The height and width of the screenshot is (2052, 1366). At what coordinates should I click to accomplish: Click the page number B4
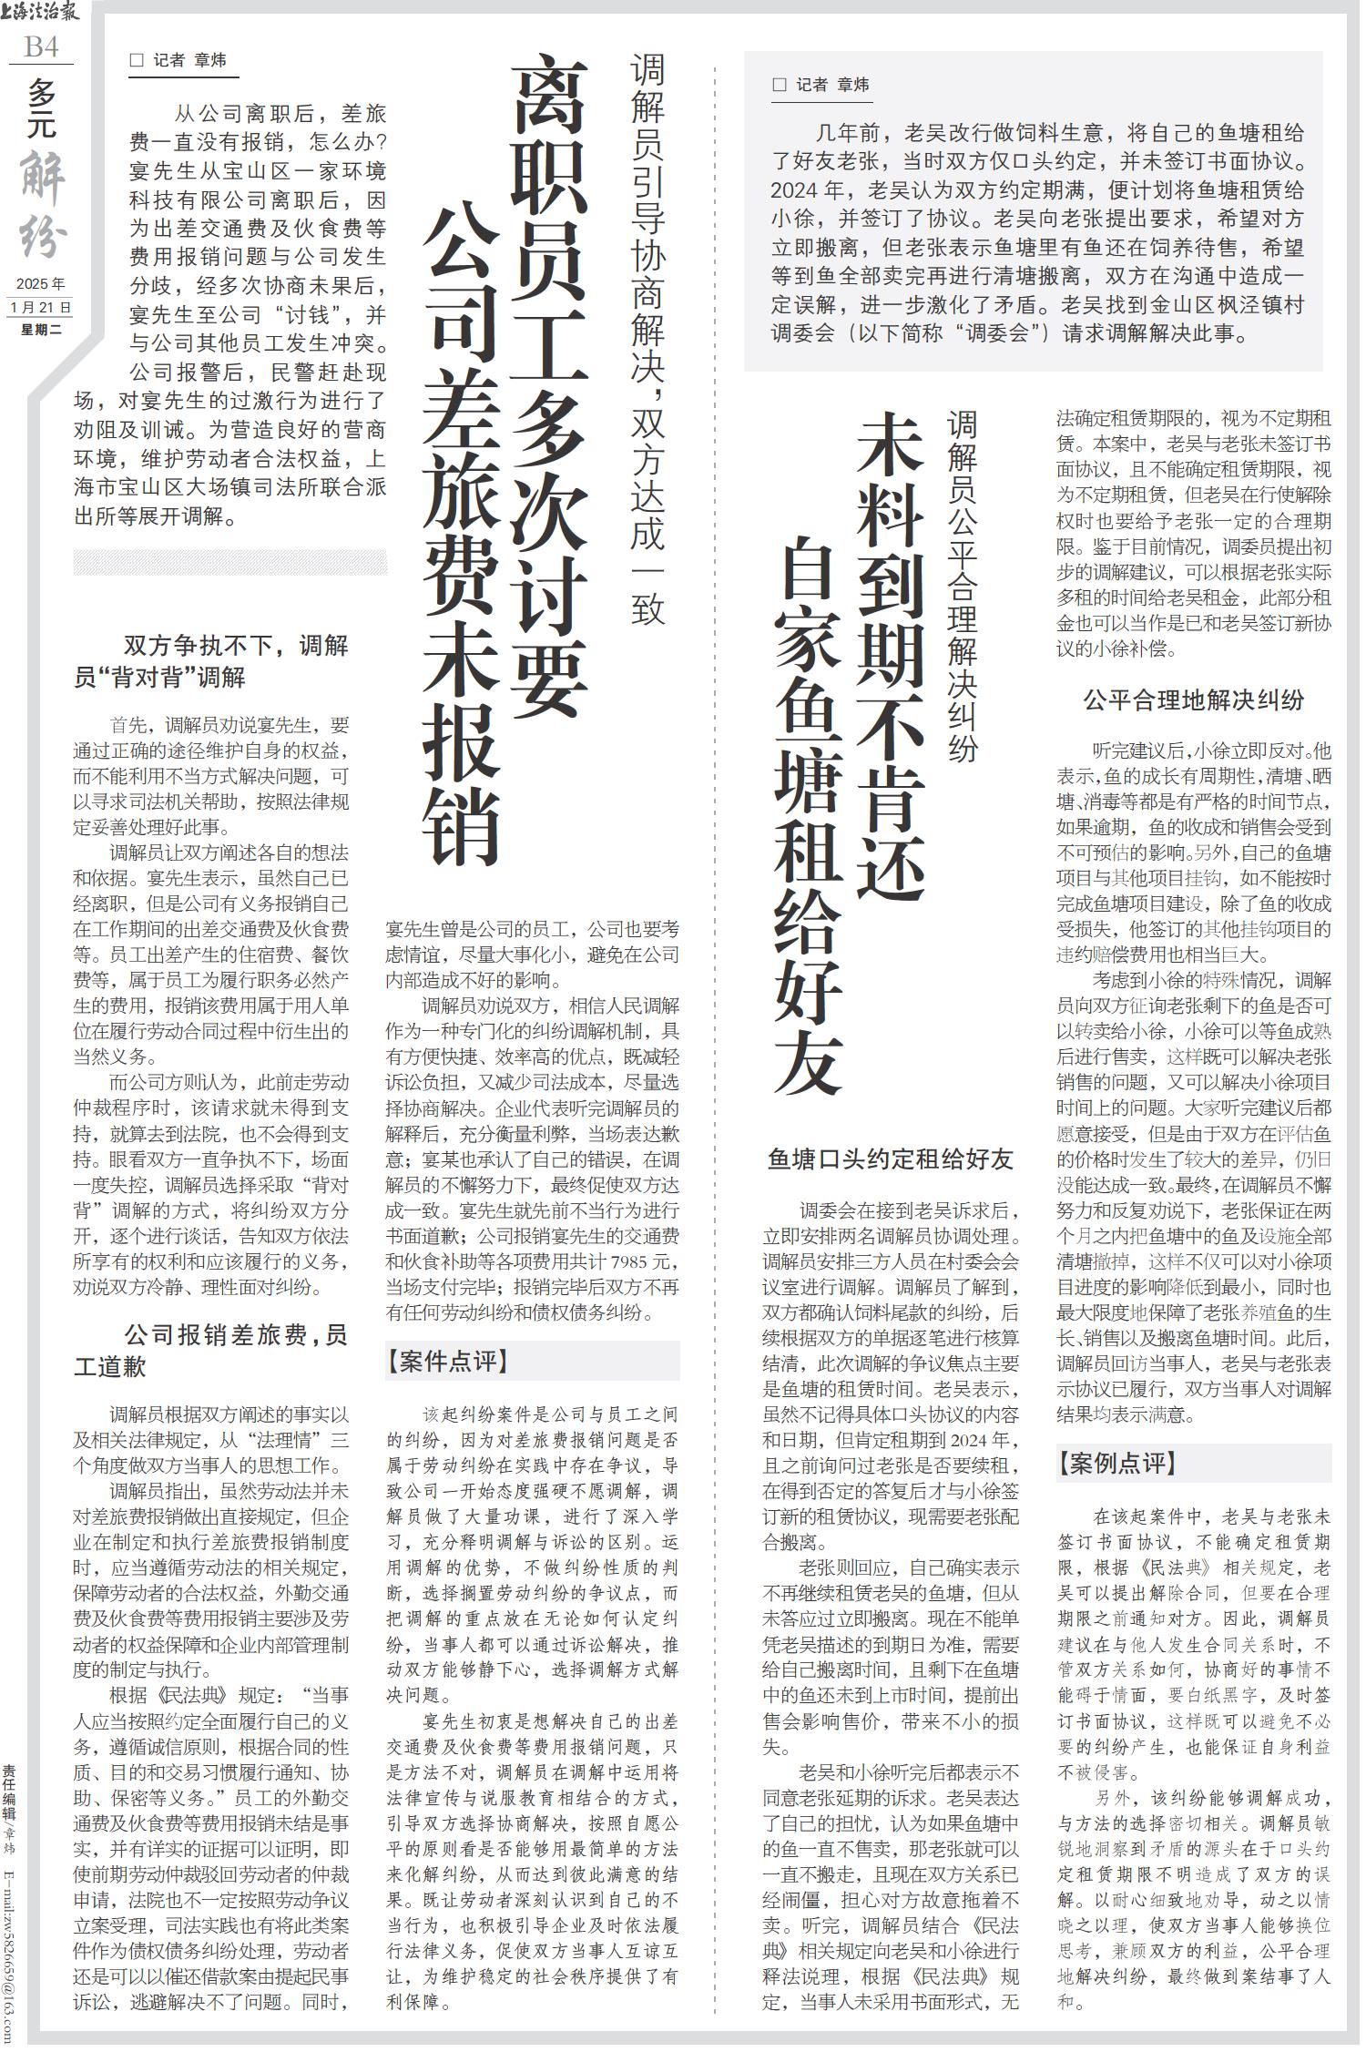click(x=41, y=46)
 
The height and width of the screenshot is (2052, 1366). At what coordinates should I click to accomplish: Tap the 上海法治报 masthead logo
click(x=41, y=13)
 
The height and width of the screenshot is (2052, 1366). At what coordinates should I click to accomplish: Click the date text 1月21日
click(x=40, y=307)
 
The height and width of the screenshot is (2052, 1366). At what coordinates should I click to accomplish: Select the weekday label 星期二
click(x=41, y=330)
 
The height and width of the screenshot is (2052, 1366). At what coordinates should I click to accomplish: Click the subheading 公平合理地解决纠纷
click(x=1193, y=700)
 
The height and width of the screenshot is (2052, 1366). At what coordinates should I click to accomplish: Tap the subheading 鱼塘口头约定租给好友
click(x=891, y=1159)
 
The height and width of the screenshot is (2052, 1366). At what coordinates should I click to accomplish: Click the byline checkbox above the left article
click(x=138, y=61)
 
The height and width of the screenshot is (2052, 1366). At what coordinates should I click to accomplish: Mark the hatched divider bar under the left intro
click(x=229, y=561)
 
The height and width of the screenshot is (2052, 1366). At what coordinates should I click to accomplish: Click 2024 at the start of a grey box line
click(x=794, y=191)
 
